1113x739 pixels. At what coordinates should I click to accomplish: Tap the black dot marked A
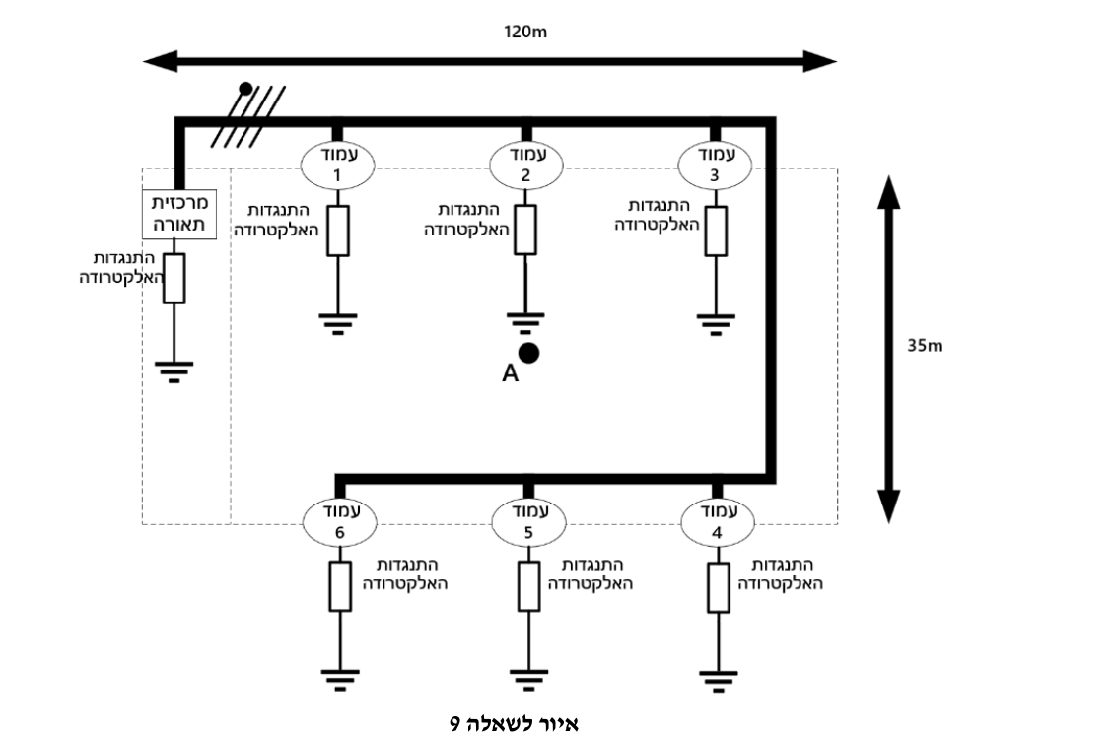click(x=528, y=353)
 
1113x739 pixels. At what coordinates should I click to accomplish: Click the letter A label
click(x=511, y=373)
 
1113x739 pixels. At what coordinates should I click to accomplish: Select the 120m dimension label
click(x=525, y=32)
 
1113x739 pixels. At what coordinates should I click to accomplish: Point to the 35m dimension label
click(x=925, y=346)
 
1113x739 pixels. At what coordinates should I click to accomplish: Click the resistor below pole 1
click(x=338, y=231)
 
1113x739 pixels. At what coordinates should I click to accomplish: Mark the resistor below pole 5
click(x=528, y=586)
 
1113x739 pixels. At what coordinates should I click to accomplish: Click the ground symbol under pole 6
click(x=340, y=680)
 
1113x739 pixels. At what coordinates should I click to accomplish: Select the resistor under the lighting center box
click(x=174, y=278)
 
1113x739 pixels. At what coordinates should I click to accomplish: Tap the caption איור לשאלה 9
click(x=515, y=723)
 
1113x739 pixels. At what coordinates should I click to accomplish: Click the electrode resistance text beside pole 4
click(x=781, y=574)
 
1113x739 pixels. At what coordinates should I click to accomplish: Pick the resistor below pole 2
click(x=525, y=230)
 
